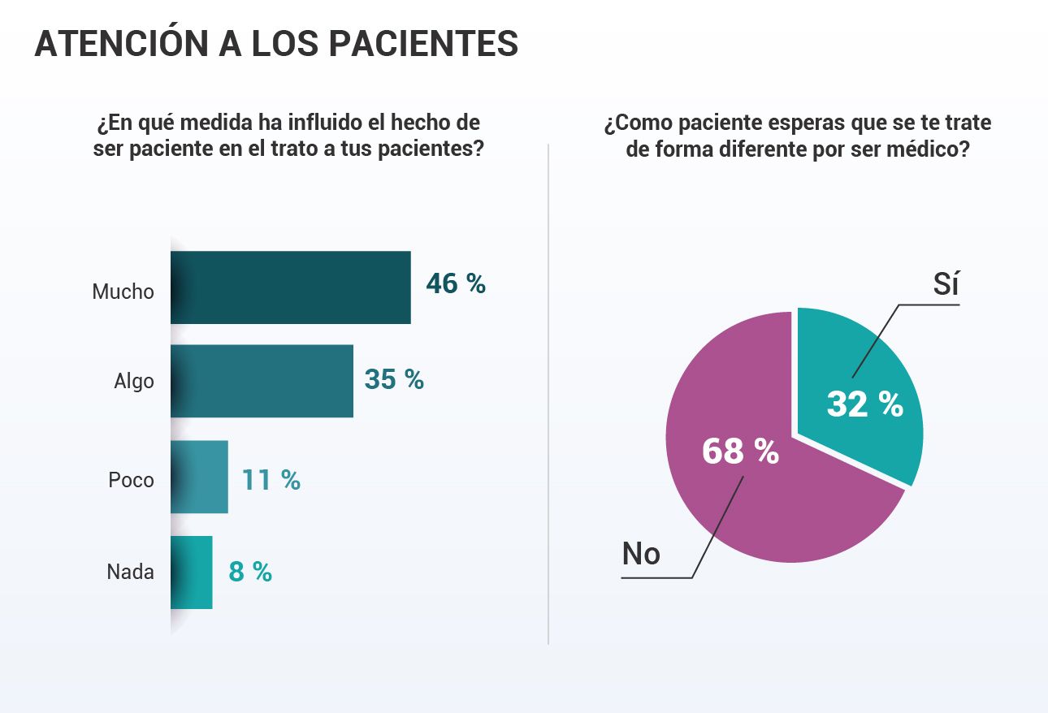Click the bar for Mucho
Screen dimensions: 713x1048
tap(290, 287)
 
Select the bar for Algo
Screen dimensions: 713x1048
tap(262, 381)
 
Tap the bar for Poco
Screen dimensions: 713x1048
tap(200, 477)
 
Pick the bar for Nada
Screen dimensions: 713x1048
tap(192, 573)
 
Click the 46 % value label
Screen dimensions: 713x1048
tap(456, 284)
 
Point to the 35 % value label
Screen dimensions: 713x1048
tap(394, 379)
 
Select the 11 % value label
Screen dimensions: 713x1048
tap(271, 480)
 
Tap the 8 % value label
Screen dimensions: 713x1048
tap(250, 572)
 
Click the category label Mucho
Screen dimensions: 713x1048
tap(123, 292)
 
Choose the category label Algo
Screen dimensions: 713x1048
tap(134, 381)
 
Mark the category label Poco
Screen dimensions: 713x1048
tap(131, 480)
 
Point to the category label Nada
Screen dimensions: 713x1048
tap(130, 572)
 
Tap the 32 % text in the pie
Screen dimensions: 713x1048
tap(864, 404)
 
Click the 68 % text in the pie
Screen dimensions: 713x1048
tap(740, 452)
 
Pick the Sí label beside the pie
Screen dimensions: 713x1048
tap(946, 285)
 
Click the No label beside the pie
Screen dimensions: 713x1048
tap(641, 554)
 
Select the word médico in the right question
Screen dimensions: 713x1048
tap(926, 150)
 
